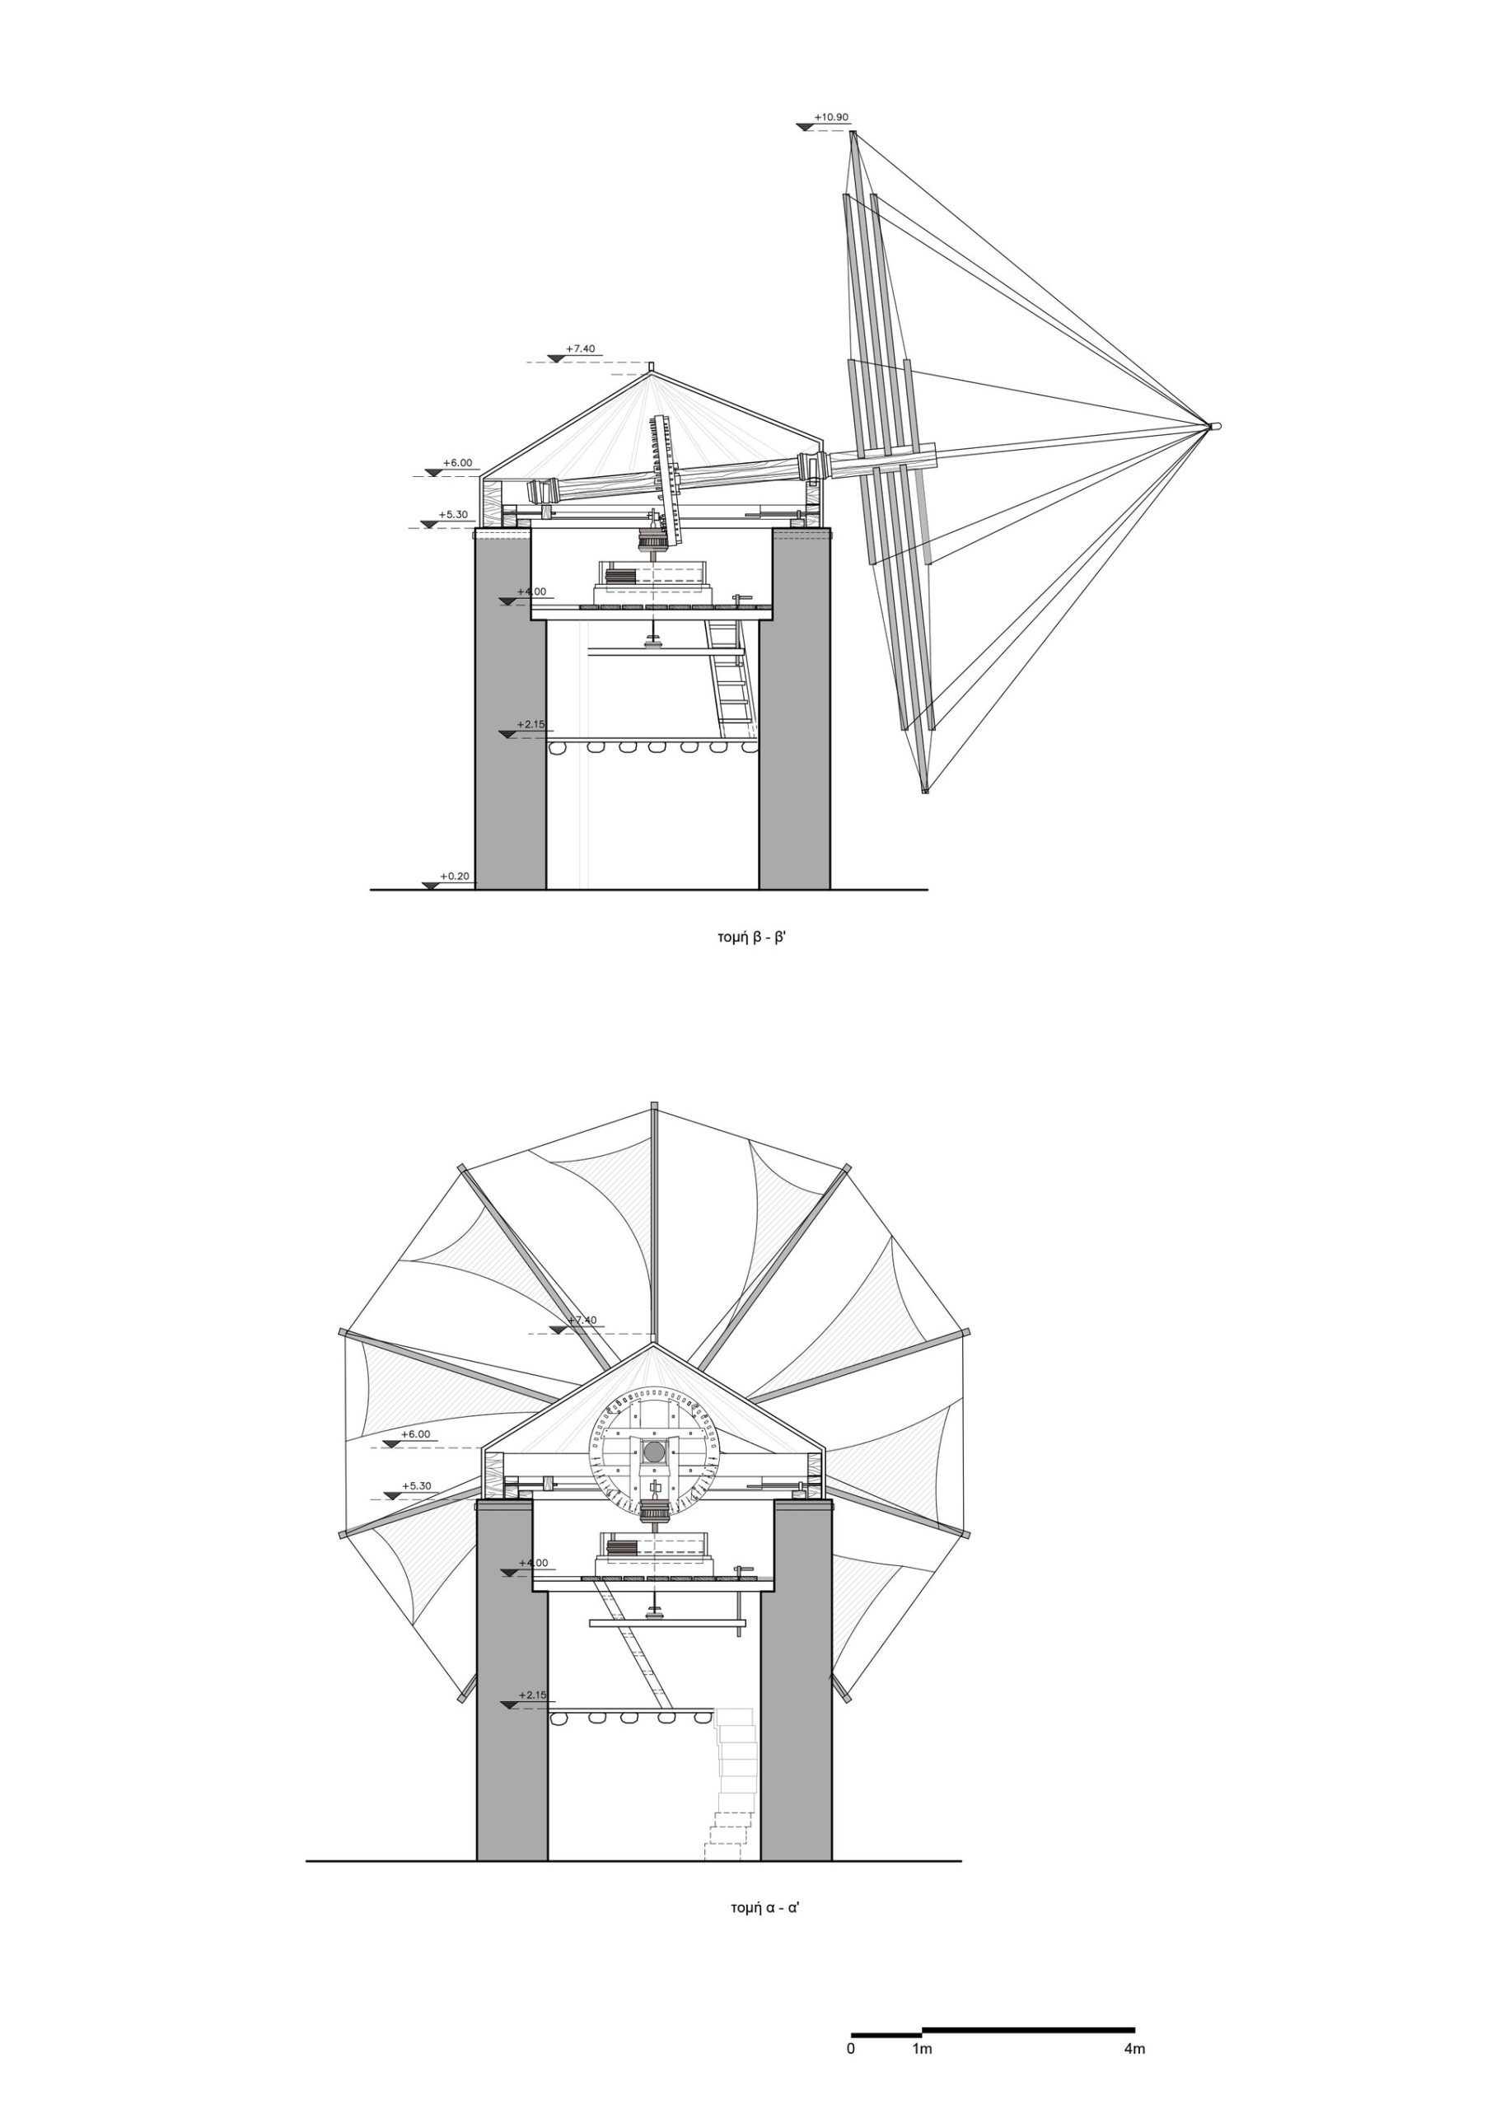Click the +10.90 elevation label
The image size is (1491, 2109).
(x=831, y=118)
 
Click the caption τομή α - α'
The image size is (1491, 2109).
(x=765, y=1904)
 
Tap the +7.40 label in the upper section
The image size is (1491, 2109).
(x=580, y=349)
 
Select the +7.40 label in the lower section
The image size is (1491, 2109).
(x=582, y=1320)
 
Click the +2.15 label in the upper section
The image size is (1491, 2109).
(x=531, y=724)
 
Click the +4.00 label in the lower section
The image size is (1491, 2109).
(x=533, y=1563)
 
